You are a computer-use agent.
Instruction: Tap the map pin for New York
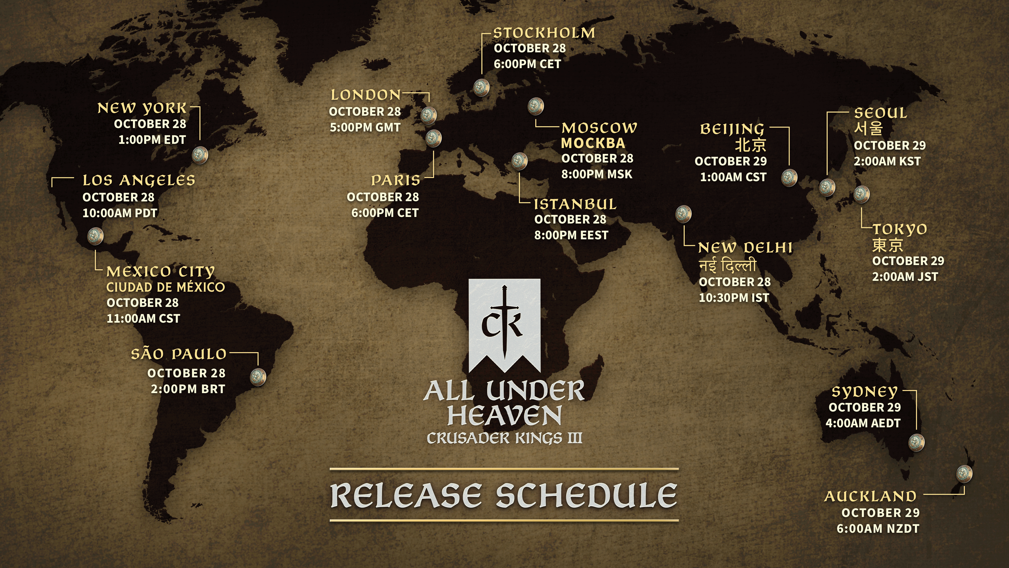point(200,155)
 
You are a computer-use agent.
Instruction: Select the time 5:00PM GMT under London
point(365,127)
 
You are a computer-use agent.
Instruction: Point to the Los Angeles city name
point(139,180)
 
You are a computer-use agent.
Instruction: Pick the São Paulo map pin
point(258,377)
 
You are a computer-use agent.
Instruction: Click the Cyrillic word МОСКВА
point(593,143)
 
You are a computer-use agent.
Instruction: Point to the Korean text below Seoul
point(868,128)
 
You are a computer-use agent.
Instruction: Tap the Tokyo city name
point(900,229)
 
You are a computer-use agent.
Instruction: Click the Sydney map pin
point(916,443)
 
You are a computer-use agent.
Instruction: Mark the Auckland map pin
point(964,474)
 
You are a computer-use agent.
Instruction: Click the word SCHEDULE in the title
point(586,495)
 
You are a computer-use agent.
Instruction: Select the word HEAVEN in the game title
point(504,415)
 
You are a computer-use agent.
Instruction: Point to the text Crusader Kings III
point(504,438)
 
